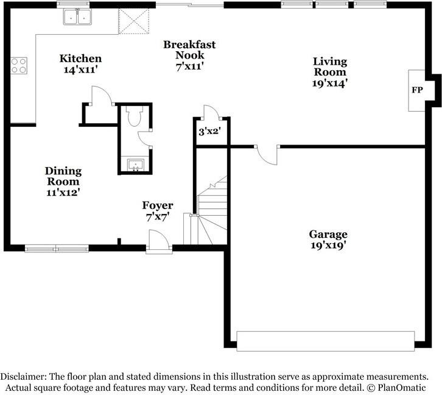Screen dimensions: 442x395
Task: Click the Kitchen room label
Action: (x=80, y=59)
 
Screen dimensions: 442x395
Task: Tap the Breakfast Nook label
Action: (x=189, y=49)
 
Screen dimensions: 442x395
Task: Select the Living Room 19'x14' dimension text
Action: (x=329, y=84)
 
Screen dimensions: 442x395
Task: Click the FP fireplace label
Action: (x=417, y=90)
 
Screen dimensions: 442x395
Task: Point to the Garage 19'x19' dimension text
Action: (x=328, y=245)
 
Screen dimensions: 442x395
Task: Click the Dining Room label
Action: (x=63, y=176)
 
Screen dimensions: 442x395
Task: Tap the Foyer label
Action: (x=158, y=205)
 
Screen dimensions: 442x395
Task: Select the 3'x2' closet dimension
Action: (x=209, y=131)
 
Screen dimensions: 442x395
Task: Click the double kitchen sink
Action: (x=77, y=17)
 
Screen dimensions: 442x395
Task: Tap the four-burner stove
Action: (x=19, y=66)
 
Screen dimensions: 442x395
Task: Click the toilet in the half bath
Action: (x=134, y=116)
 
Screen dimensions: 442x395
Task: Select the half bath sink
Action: (x=136, y=165)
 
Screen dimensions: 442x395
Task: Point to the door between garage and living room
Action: (x=267, y=155)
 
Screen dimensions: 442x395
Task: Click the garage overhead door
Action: (x=326, y=341)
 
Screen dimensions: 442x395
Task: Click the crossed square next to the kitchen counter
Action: (x=133, y=21)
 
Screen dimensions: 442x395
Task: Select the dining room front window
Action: (x=57, y=249)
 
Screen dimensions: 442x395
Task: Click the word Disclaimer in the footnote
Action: (x=23, y=377)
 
